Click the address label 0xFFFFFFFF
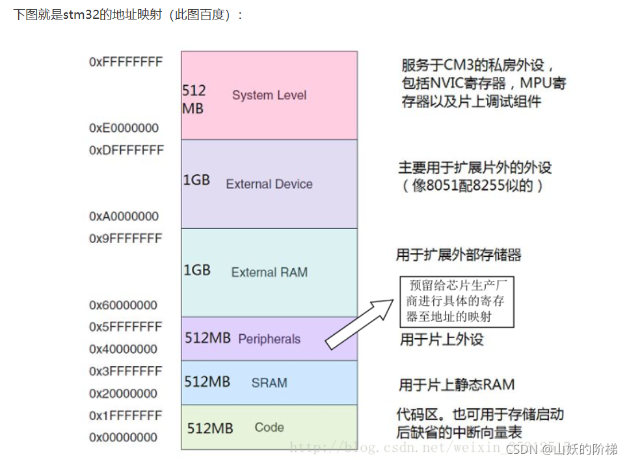coord(126,62)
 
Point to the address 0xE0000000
coord(124,128)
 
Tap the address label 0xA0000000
coord(124,216)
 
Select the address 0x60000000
coord(124,305)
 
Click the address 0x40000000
coord(124,349)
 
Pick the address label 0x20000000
coord(124,393)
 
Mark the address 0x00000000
coord(124,437)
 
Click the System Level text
coord(269,95)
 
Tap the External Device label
coord(269,184)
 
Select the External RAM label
coord(269,272)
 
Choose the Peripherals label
coord(269,339)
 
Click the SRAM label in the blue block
coord(269,383)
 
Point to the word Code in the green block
coord(269,427)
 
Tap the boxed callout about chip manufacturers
coord(456,301)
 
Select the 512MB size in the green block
coord(210,428)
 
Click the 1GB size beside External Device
coord(196,180)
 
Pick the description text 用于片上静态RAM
coord(457,384)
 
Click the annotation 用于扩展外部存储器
coord(459,255)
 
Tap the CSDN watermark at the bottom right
coord(561,449)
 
